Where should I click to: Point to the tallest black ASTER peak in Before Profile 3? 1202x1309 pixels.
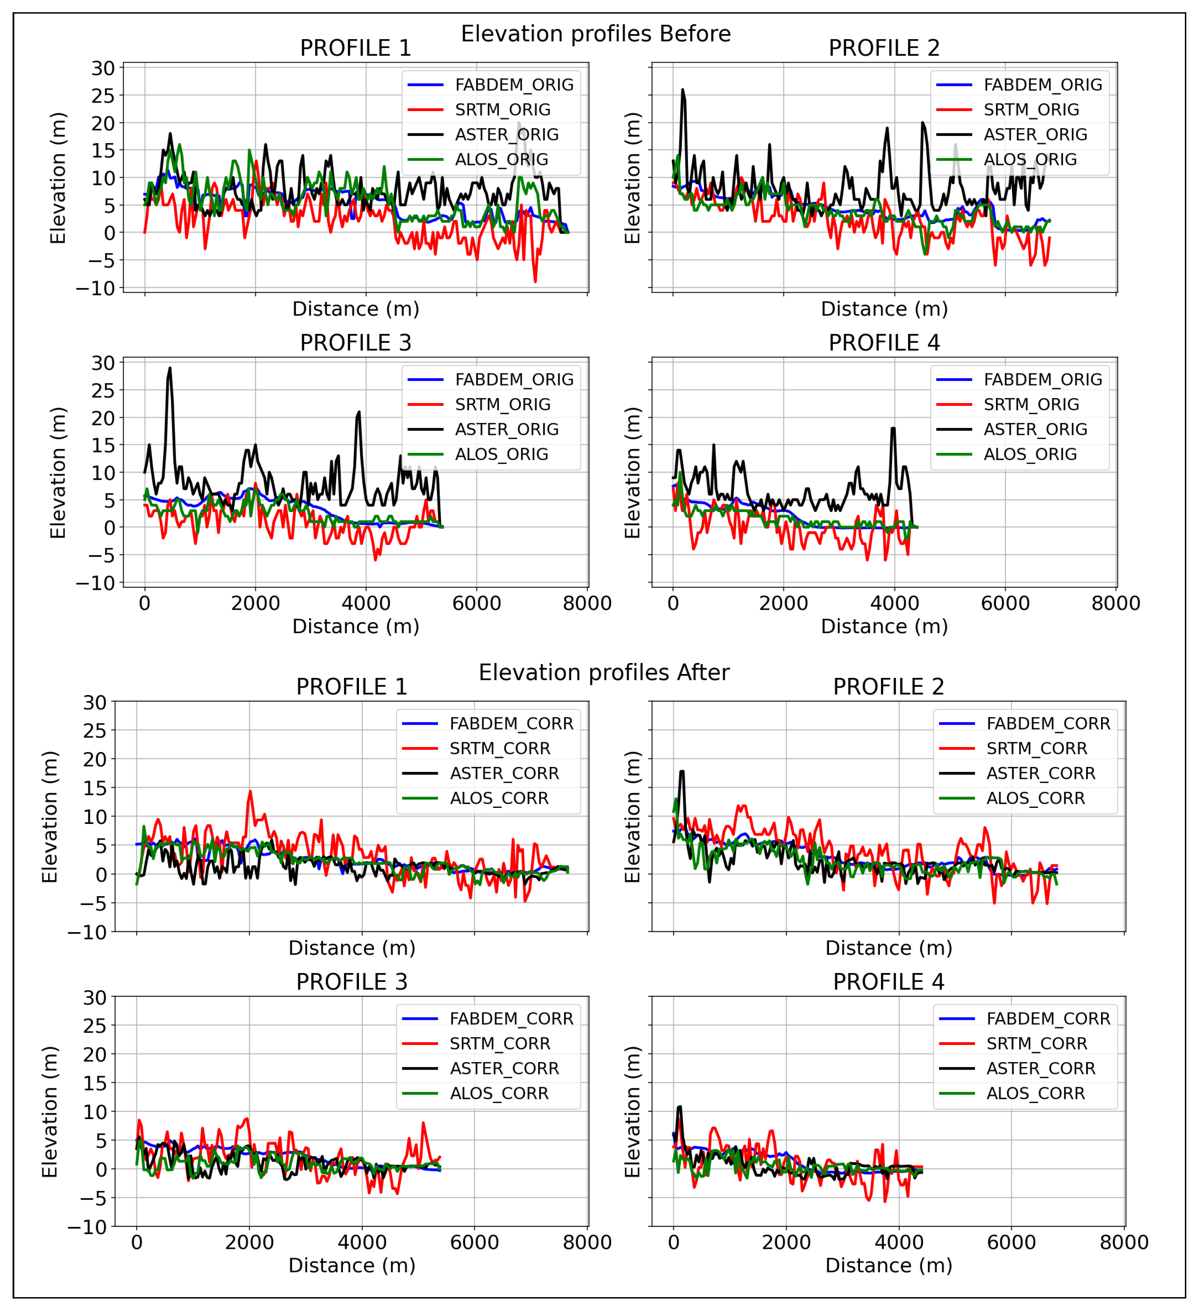click(170, 369)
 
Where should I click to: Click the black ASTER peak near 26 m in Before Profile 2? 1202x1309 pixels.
click(682, 90)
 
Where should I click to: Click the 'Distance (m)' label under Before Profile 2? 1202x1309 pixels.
click(884, 309)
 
